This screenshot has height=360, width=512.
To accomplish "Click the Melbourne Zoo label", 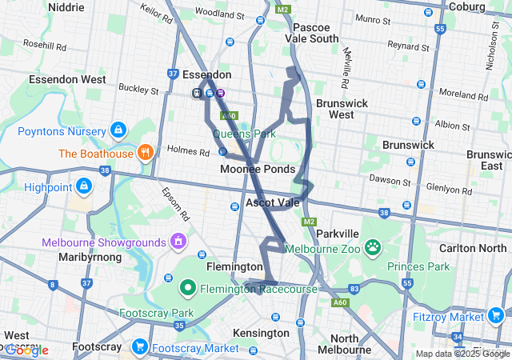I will point(320,247).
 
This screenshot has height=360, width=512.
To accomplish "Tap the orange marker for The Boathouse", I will point(145,153).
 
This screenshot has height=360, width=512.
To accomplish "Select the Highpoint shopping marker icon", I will point(84,186).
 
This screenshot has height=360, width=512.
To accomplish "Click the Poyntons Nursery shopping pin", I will point(118,130).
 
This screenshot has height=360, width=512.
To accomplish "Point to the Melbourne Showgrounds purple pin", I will point(178,241).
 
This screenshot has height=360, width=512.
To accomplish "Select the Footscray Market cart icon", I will point(140,347).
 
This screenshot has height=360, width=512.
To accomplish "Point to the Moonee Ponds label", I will point(258,169).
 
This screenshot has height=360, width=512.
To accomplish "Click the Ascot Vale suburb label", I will point(272,202).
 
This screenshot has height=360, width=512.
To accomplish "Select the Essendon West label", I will point(67,79).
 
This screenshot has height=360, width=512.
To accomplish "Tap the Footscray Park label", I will point(157,313).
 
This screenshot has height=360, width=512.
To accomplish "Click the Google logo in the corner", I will point(26,350).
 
